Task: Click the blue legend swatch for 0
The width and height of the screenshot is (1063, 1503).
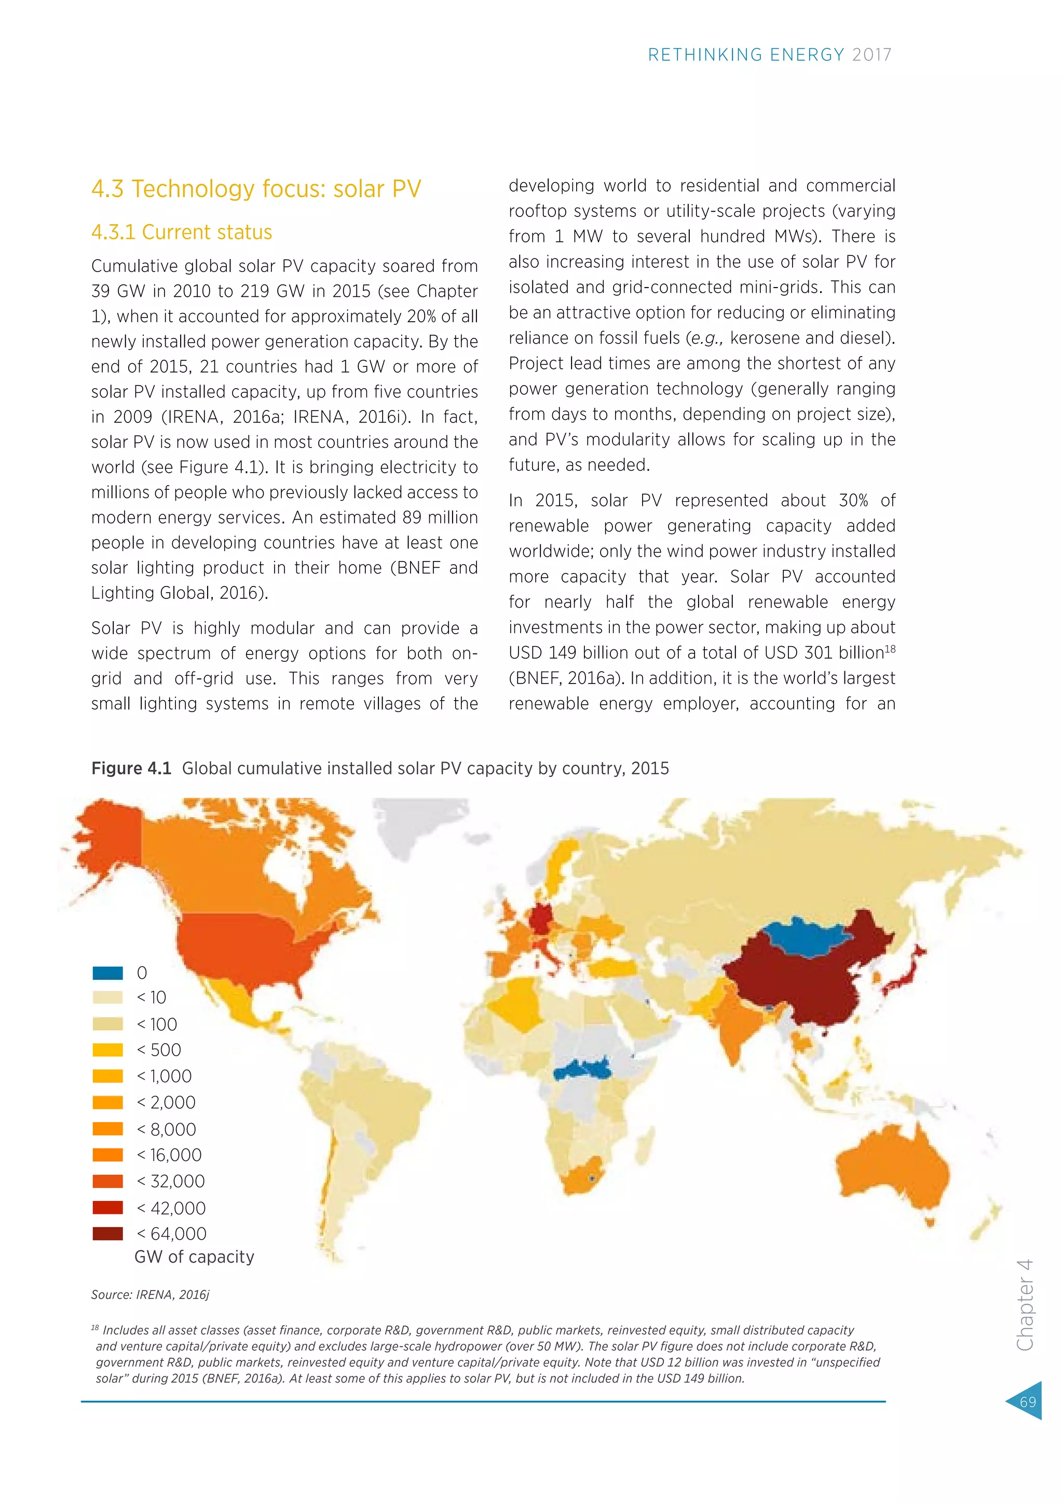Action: click(x=107, y=973)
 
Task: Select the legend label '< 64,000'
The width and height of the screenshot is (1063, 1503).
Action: click(x=171, y=1234)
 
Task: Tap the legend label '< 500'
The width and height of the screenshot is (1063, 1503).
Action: click(x=159, y=1050)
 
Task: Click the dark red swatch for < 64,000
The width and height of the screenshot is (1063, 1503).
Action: click(x=107, y=1234)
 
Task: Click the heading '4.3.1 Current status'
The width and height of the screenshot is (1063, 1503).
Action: click(x=181, y=233)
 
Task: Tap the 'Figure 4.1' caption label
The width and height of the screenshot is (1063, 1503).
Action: click(x=131, y=769)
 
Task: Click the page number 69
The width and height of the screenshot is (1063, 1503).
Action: click(x=1028, y=1401)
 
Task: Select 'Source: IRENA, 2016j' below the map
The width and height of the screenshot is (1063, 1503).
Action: click(x=150, y=1295)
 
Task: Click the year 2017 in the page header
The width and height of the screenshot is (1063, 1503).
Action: click(x=872, y=55)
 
